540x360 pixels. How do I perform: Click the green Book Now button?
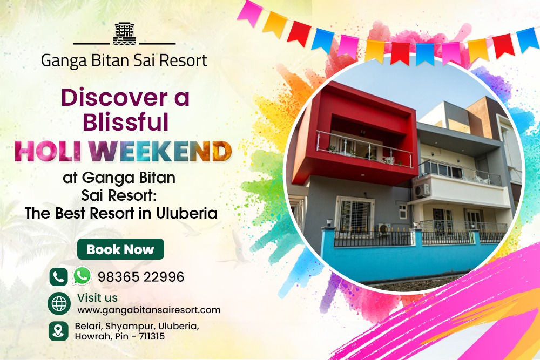120,249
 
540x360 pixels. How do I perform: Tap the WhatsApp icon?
82,276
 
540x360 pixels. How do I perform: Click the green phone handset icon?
58,277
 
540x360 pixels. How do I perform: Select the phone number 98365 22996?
141,277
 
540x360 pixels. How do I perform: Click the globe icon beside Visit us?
59,303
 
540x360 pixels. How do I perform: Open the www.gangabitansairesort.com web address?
149,310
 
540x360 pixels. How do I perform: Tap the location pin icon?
58,331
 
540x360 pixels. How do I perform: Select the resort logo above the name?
124,33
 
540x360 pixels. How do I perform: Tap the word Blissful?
125,123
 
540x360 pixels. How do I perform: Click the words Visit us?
97,297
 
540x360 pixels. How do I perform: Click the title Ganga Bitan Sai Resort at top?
124,60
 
